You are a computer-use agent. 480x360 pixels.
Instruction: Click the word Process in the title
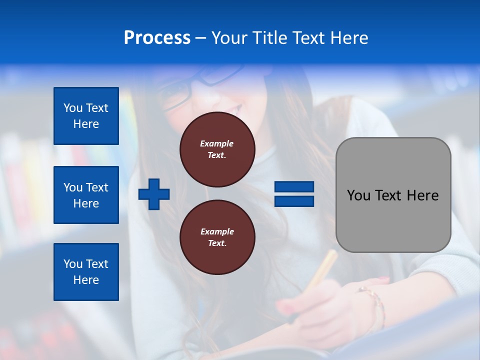(x=157, y=38)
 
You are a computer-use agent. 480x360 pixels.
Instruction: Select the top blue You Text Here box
(x=86, y=116)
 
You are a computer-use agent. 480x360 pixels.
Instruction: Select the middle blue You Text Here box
(x=86, y=195)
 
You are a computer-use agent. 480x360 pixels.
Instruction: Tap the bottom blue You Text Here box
(x=86, y=271)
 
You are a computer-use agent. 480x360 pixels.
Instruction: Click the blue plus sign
(x=154, y=194)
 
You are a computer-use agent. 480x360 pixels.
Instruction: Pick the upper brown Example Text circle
(x=217, y=149)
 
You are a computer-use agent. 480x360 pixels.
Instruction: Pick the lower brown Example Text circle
(x=217, y=237)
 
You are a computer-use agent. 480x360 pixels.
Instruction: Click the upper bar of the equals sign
(x=294, y=187)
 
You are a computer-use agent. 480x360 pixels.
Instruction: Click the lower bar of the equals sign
(x=294, y=201)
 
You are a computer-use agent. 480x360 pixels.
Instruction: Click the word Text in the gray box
(x=389, y=195)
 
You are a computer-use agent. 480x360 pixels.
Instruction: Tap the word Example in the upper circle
(x=217, y=143)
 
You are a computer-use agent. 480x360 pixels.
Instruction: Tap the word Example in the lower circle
(x=217, y=231)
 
